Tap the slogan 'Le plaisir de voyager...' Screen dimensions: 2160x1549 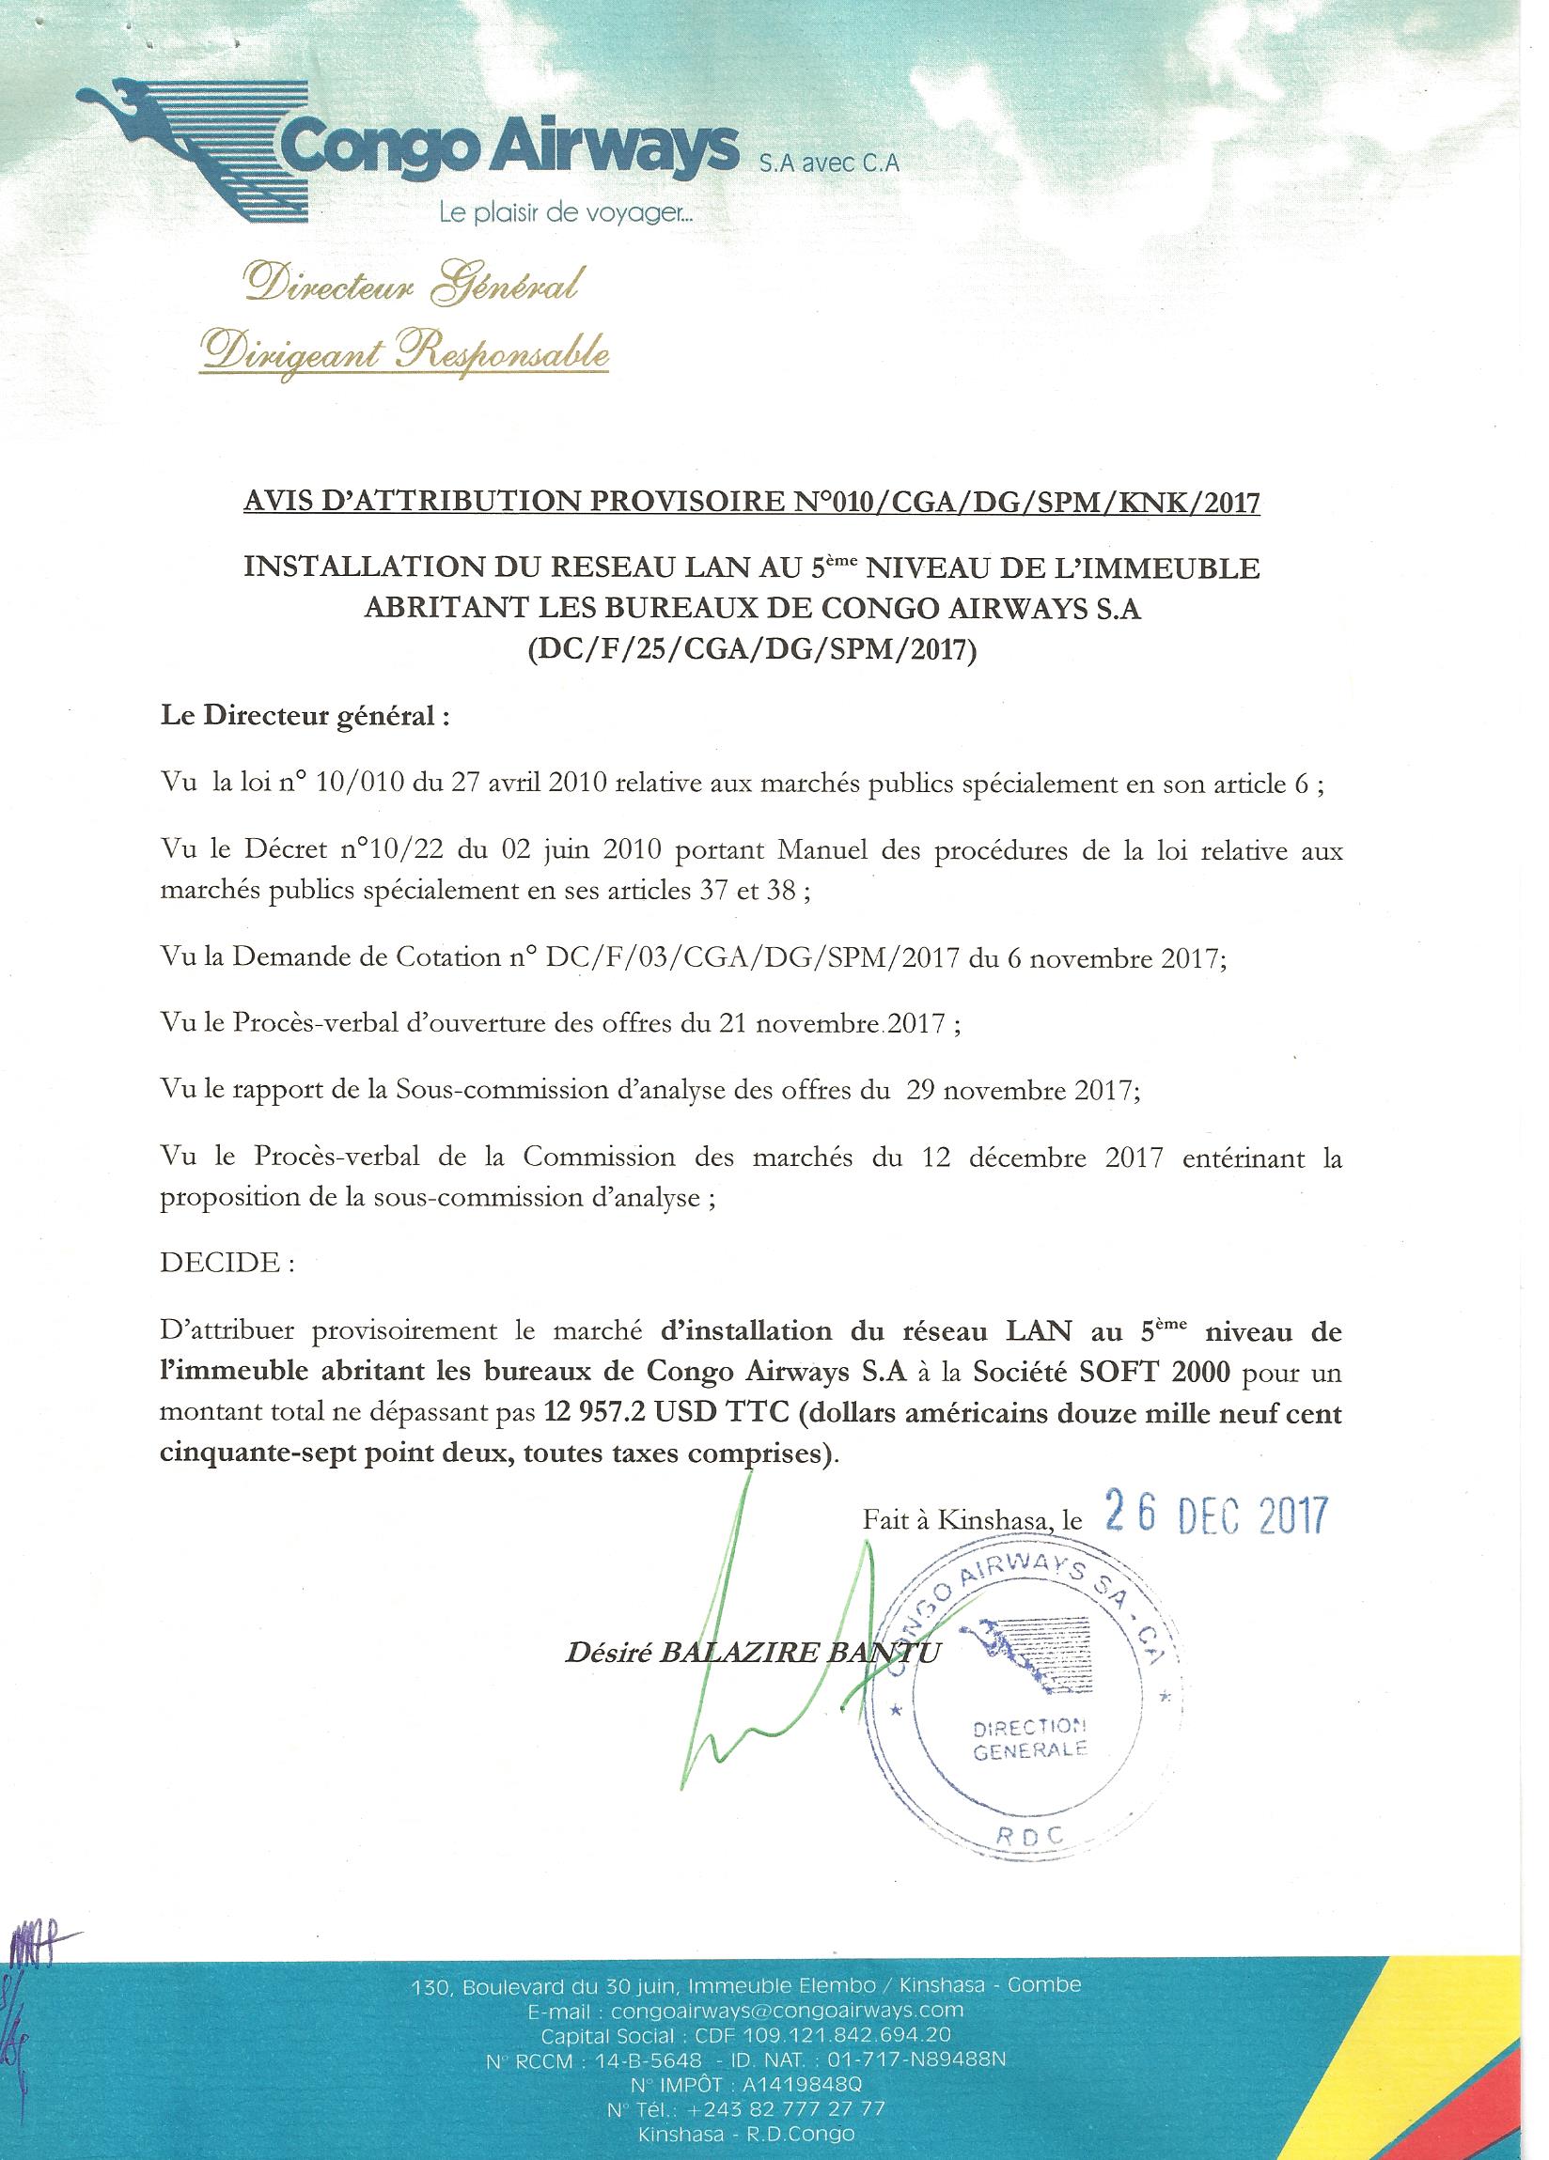[x=566, y=216]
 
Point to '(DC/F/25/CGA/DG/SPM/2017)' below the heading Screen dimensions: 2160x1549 [x=752, y=652]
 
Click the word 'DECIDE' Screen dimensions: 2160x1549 [x=221, y=1264]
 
